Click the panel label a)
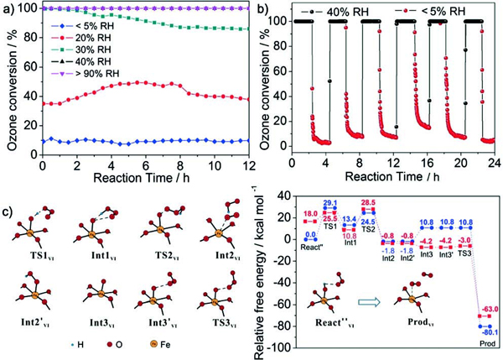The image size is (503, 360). click(x=9, y=9)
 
